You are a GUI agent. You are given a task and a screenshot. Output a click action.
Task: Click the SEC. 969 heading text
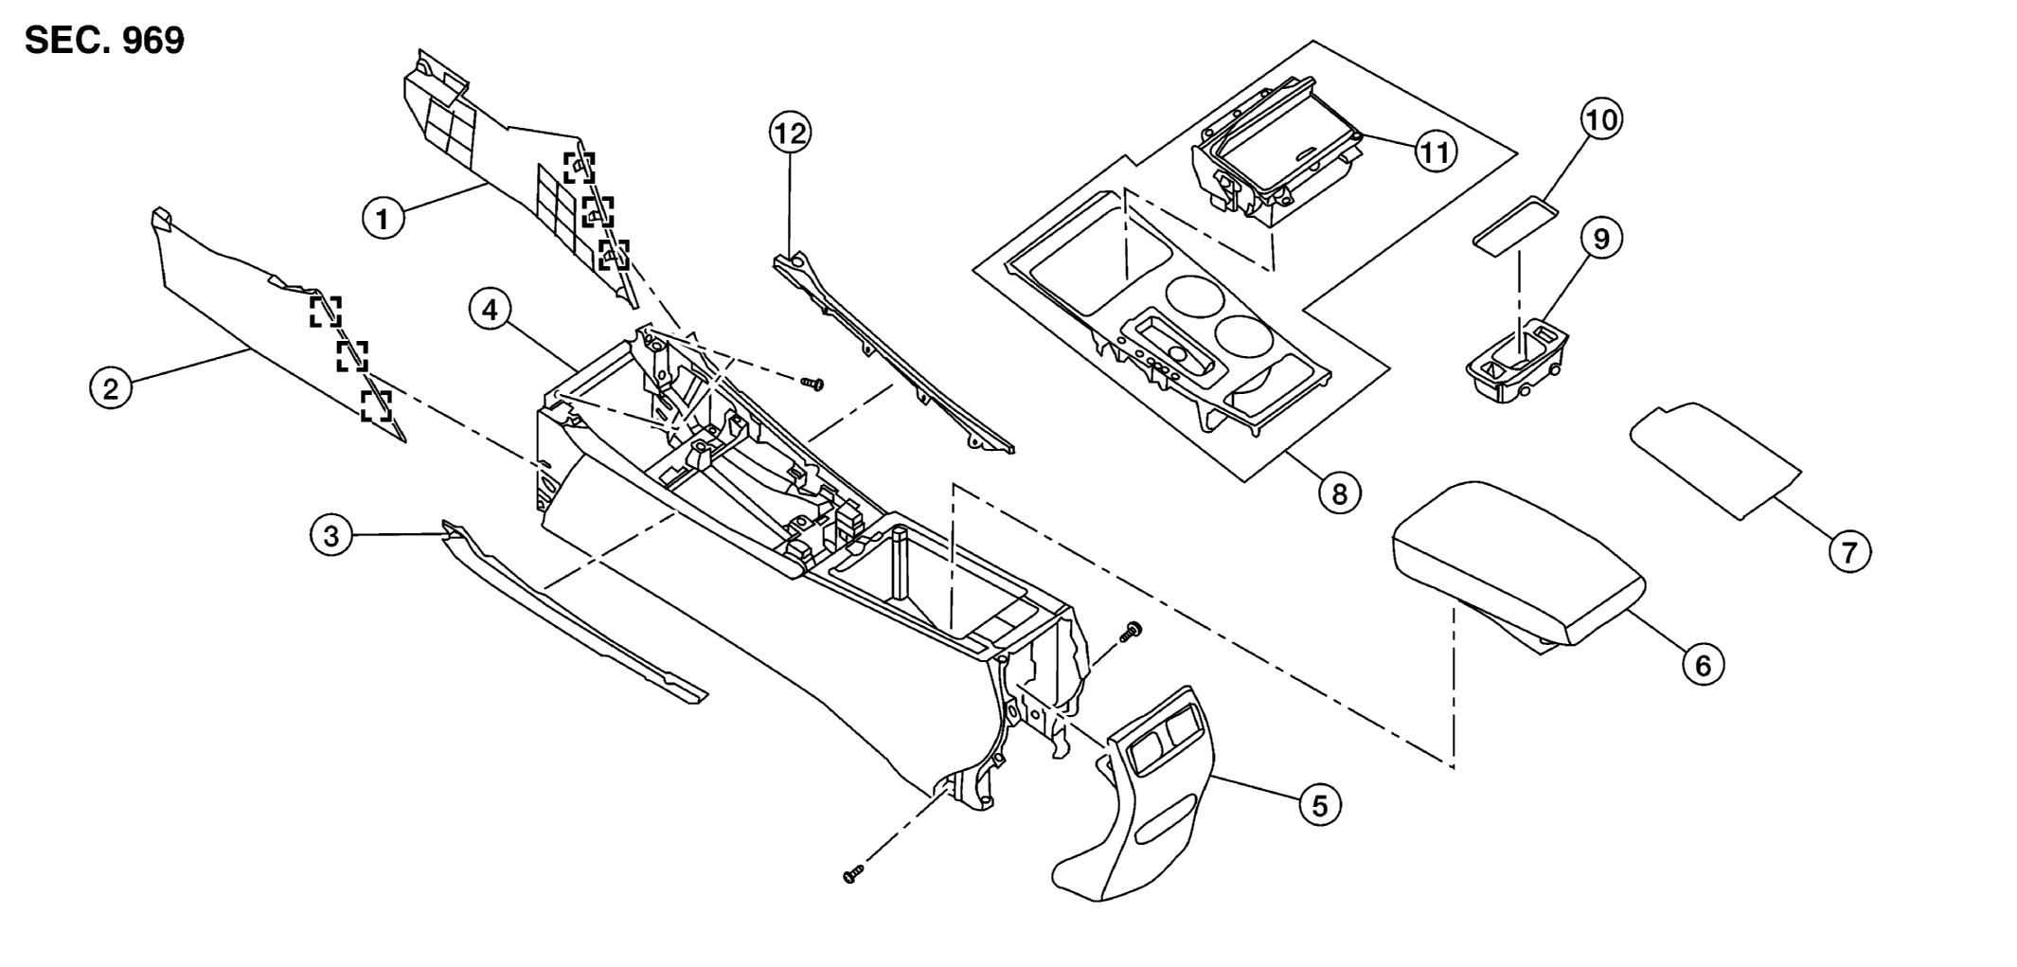click(104, 41)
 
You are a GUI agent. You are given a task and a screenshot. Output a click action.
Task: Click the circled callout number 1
click(383, 220)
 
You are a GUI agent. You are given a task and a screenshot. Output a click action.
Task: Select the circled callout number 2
click(111, 388)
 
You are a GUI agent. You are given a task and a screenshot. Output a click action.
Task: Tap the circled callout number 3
click(331, 537)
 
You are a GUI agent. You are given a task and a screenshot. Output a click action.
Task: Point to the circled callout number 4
click(490, 311)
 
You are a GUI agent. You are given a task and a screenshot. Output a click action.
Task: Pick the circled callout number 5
click(1320, 805)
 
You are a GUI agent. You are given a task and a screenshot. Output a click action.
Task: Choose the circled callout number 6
click(1703, 666)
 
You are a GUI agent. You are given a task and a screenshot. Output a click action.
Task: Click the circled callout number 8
click(1340, 492)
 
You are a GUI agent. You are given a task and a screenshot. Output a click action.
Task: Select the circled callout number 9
click(1601, 239)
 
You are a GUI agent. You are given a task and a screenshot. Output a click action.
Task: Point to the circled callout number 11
click(1436, 151)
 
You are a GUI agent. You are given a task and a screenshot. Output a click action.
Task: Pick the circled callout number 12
click(791, 134)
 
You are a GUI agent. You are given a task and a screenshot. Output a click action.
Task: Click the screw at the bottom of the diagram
click(853, 874)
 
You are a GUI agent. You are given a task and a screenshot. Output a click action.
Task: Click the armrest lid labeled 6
click(1518, 566)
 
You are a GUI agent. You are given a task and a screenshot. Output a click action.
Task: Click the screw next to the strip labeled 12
click(812, 384)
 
